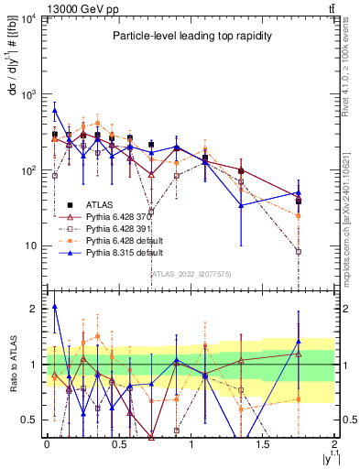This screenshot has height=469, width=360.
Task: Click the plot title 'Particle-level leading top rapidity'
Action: point(188,36)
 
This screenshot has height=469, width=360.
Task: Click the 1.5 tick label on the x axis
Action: point(263,445)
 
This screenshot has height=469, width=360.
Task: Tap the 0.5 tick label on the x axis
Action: point(118,445)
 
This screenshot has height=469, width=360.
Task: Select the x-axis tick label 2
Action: point(334,445)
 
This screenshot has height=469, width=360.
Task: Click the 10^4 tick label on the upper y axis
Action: point(27,19)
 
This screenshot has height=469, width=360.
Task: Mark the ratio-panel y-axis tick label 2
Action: point(34,309)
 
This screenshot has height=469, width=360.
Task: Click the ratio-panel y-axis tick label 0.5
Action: point(31,420)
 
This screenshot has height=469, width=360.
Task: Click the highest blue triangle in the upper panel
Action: point(55,110)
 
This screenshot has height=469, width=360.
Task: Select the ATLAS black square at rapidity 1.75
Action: point(299,201)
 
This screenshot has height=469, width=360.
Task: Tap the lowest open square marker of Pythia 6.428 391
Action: point(299,251)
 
